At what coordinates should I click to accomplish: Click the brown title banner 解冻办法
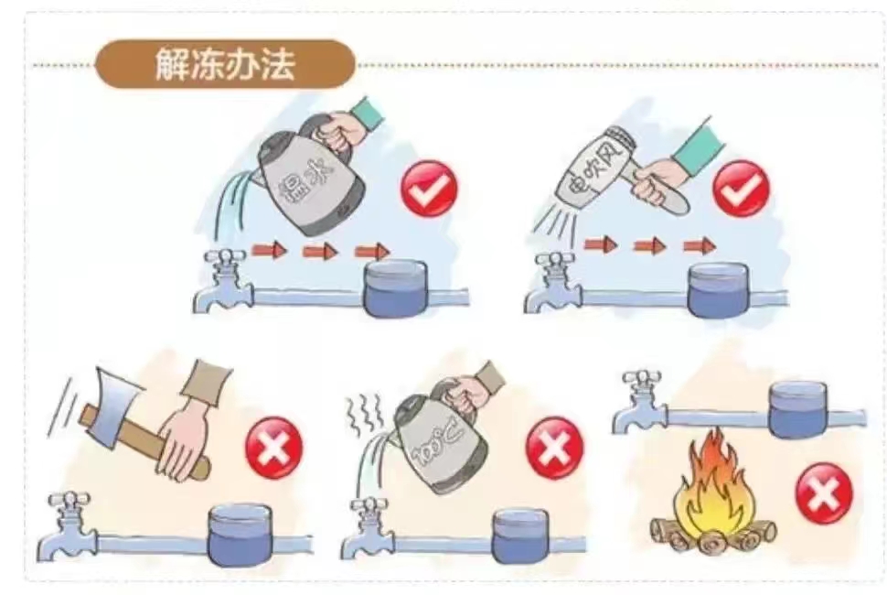point(225,63)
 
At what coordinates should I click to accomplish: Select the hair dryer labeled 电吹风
point(611,170)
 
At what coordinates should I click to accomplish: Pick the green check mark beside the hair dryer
point(741,189)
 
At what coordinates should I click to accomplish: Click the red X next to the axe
point(273,448)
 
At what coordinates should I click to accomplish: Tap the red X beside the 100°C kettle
point(554,448)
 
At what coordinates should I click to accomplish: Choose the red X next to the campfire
point(824,494)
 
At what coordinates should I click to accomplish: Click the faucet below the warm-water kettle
point(222,281)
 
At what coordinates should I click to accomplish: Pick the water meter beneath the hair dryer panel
point(718,289)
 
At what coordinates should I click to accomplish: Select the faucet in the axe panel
point(68,526)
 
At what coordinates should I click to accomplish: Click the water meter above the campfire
point(798,409)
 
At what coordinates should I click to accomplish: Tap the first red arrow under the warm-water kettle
point(269,249)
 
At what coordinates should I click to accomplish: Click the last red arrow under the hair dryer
point(700,245)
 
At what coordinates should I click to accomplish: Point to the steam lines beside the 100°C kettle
point(362,416)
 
